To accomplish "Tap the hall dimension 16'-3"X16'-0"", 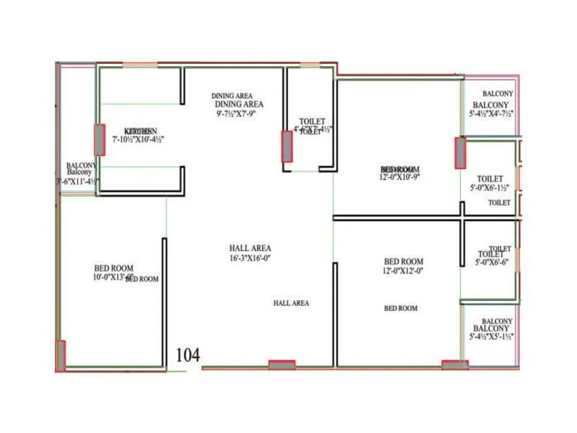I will (250, 258).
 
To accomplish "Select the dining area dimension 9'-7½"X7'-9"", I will (236, 113).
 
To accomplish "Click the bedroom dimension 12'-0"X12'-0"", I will (403, 271).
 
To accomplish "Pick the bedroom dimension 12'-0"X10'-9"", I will (400, 176).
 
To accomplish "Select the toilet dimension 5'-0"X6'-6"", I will (490, 263).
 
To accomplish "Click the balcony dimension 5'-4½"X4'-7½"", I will (490, 113).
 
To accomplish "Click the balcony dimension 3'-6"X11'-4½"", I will (78, 182).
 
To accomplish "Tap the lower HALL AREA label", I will (291, 303).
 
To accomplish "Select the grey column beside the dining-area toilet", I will (286, 146).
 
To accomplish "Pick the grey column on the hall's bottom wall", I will (281, 365).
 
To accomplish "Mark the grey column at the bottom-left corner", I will (61, 355).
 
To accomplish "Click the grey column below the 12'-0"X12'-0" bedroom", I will (454, 365).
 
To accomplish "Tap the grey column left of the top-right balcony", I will (459, 152).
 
